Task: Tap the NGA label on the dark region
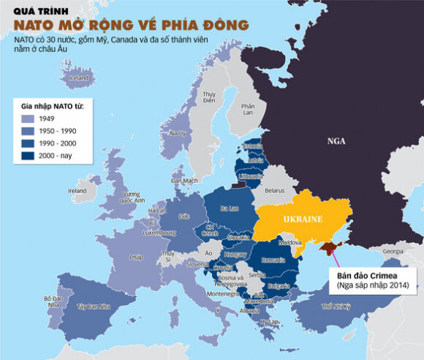pos(336,143)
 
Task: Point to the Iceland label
pos(78,77)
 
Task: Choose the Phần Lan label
pos(249,109)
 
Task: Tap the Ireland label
pos(77,190)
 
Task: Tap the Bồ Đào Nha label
pos(53,301)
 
